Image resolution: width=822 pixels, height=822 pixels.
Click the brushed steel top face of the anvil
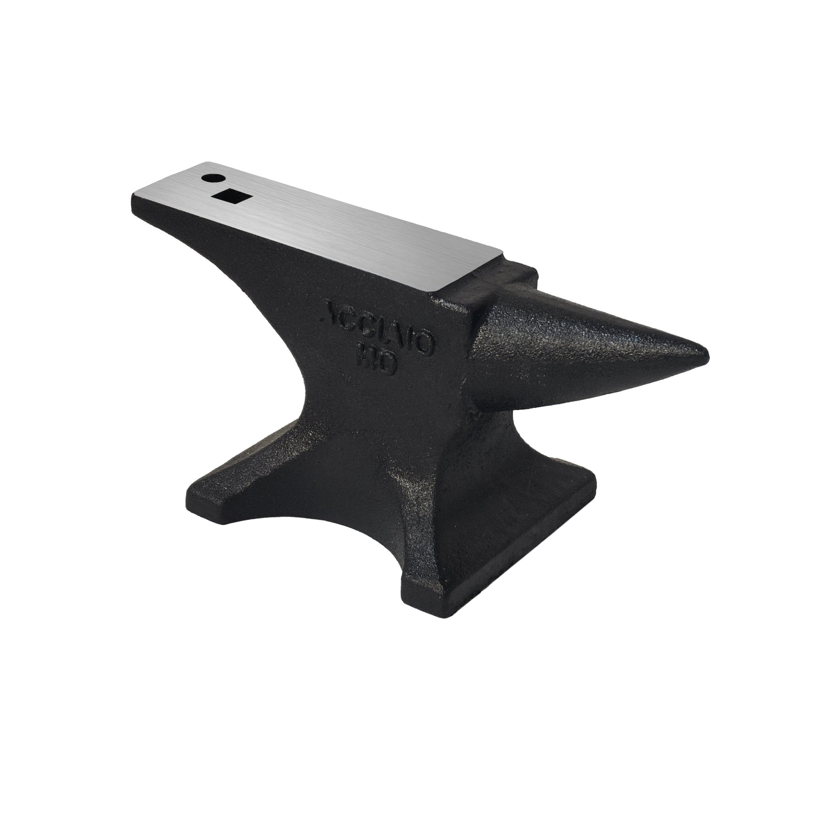click(323, 226)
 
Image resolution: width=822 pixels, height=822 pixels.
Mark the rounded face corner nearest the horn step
click(438, 294)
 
